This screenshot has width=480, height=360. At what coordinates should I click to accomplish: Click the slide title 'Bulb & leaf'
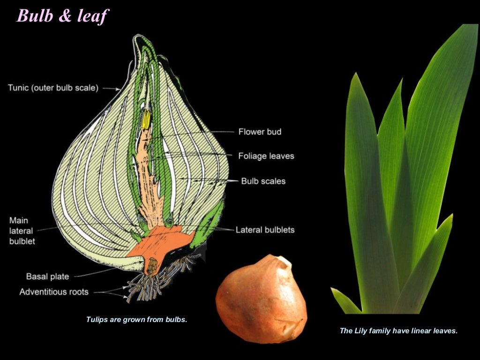[62, 15]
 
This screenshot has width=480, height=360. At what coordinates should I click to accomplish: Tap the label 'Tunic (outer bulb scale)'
[53, 88]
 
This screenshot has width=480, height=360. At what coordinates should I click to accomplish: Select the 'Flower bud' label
[260, 132]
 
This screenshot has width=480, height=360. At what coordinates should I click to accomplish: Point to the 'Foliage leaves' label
[266, 156]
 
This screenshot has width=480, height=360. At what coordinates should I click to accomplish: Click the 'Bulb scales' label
[263, 180]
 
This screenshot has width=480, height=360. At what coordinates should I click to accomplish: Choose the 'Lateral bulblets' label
[265, 230]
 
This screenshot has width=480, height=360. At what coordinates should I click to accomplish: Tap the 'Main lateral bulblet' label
[22, 231]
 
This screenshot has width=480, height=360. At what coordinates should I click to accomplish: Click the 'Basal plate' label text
[47, 276]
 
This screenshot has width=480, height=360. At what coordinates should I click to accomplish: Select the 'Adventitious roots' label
[54, 292]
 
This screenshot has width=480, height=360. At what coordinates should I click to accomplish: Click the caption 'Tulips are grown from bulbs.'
[136, 320]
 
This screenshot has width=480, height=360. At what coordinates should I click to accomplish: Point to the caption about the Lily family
[398, 330]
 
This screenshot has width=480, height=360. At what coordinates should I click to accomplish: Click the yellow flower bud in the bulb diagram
[145, 120]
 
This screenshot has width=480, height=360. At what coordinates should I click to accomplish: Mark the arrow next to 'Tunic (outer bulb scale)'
[112, 88]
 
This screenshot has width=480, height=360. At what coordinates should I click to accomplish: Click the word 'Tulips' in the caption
[97, 320]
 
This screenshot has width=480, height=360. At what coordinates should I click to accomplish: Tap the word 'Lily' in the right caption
[360, 330]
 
